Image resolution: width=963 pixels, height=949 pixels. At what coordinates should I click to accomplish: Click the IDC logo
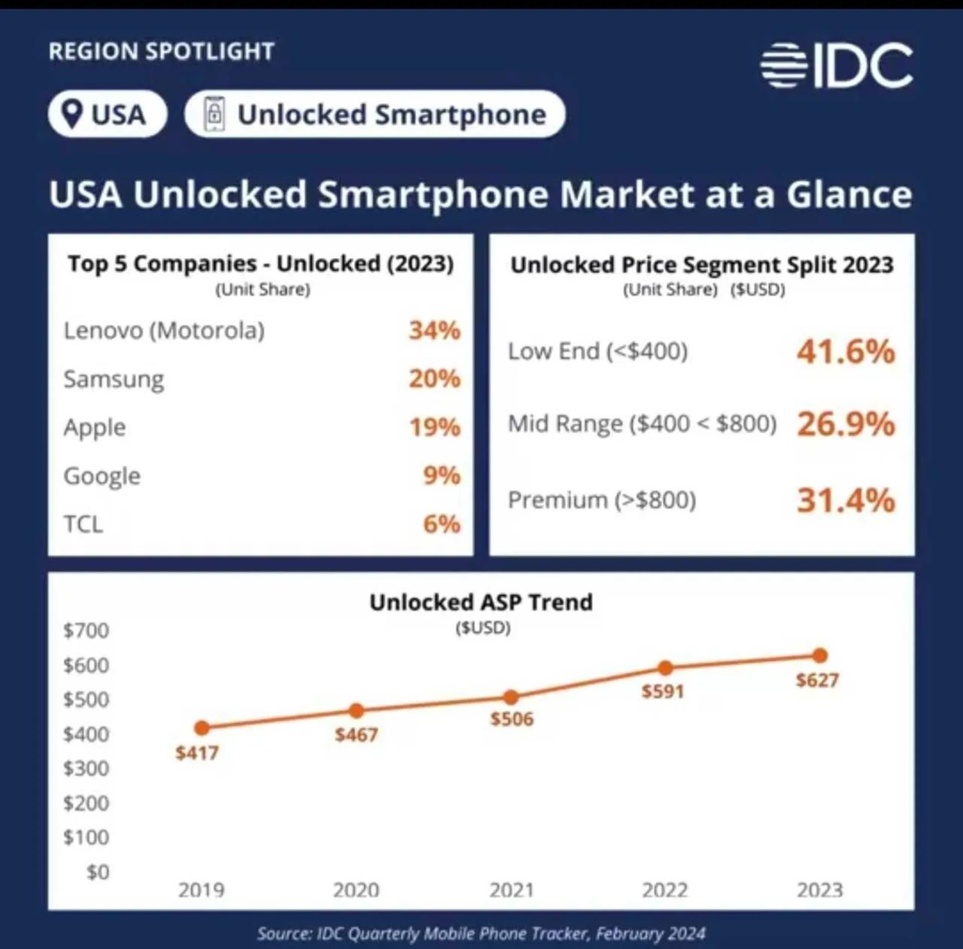tap(836, 65)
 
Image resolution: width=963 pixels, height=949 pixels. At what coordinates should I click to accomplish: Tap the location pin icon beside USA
tap(73, 114)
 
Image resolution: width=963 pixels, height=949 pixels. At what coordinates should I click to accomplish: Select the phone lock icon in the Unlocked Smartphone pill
tap(214, 114)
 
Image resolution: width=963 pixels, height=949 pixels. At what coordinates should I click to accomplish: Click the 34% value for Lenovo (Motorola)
tap(434, 331)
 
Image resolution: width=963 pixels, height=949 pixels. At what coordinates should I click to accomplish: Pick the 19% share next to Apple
tap(435, 428)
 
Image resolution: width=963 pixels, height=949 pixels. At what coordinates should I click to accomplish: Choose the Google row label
tap(102, 476)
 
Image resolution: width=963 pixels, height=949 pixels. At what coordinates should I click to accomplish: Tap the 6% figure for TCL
tap(442, 524)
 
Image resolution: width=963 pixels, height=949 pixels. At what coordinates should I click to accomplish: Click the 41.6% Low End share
tap(846, 351)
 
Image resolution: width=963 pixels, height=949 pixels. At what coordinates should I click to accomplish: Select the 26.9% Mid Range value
tap(846, 424)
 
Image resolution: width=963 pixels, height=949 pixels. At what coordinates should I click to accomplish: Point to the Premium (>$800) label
tap(602, 500)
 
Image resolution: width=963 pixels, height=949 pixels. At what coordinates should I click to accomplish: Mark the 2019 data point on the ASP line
tap(202, 727)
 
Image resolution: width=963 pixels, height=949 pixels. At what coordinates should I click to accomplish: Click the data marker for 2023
tap(820, 655)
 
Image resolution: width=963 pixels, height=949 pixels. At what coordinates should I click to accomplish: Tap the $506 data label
tap(512, 719)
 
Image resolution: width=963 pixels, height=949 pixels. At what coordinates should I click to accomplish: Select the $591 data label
tap(663, 692)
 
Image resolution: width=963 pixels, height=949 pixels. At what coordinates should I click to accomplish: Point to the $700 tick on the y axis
tap(86, 631)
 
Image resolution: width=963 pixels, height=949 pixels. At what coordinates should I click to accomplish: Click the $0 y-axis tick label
tap(98, 872)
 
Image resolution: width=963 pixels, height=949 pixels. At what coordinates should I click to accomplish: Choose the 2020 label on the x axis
tap(356, 890)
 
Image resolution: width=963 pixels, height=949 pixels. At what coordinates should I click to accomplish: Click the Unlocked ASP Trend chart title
tap(481, 602)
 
